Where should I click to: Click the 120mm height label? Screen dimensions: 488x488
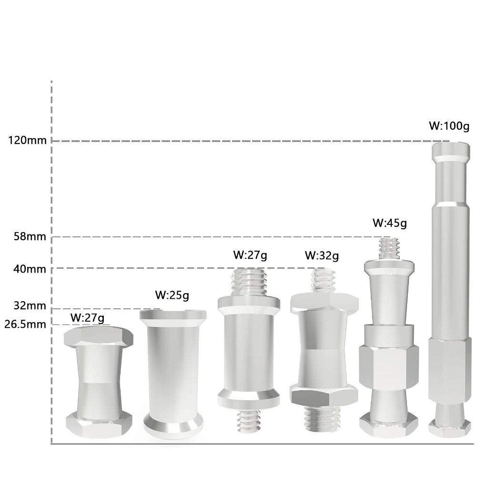(x=27, y=141)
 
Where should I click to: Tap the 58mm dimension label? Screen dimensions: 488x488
(x=30, y=236)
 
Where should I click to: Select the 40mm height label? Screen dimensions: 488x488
(x=30, y=269)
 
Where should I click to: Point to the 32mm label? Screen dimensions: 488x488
(x=30, y=305)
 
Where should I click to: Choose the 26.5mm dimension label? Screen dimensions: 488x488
(x=25, y=324)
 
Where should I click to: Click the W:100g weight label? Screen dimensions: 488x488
(x=449, y=126)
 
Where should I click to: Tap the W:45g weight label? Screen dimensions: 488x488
(x=390, y=223)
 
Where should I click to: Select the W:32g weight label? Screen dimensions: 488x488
(x=322, y=255)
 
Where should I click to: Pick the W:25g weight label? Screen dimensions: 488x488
(x=172, y=295)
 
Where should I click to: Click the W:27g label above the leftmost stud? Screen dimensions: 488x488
(x=88, y=318)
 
